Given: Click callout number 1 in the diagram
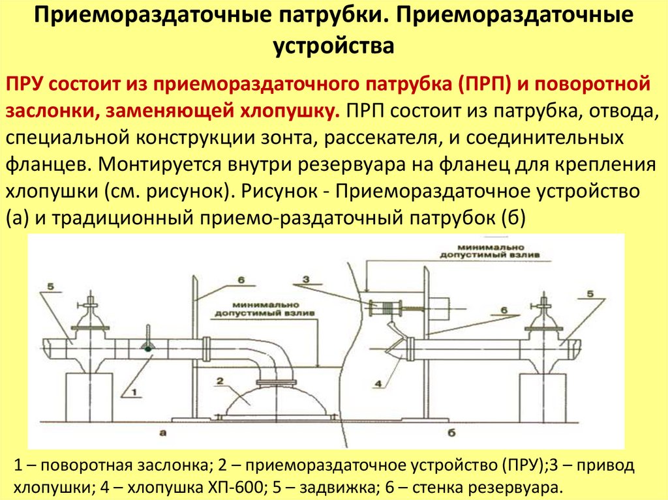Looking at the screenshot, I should [134, 391].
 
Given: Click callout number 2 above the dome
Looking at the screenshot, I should [220, 381].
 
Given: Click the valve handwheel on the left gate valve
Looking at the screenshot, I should [89, 303].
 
